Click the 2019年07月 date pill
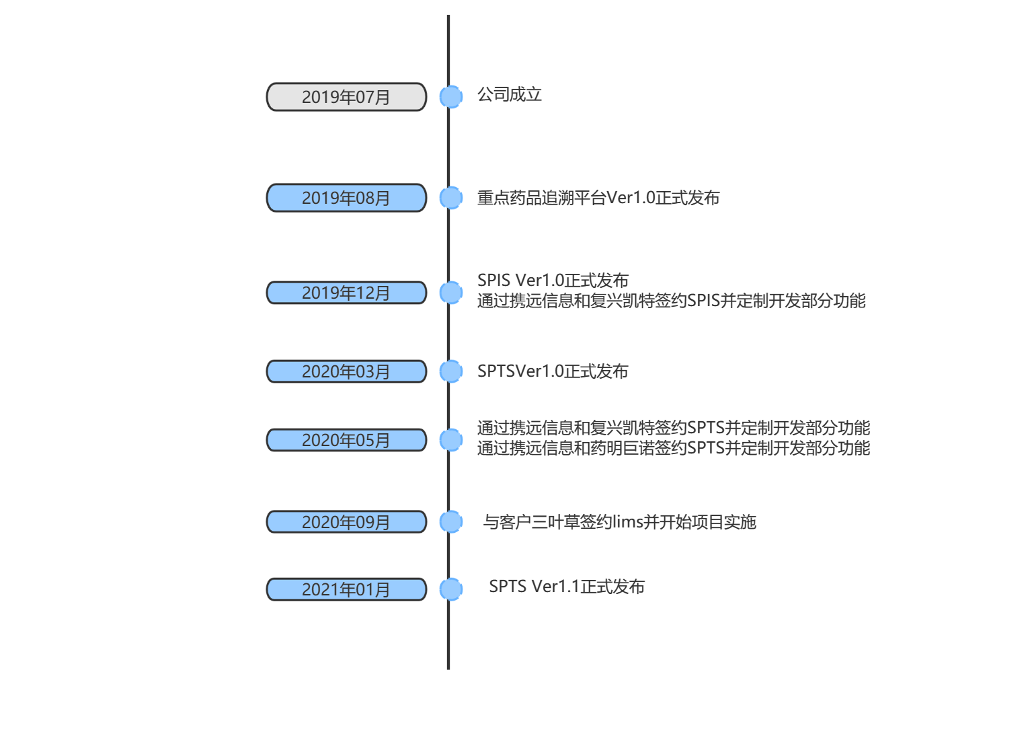pos(346,97)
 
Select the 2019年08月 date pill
pos(346,198)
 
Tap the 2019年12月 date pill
pos(346,293)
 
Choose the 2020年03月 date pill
pos(346,371)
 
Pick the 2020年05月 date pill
pos(346,440)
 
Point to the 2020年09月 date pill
pos(346,522)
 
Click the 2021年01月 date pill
pos(346,589)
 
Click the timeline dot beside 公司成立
pos(451,97)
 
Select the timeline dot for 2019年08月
pos(451,198)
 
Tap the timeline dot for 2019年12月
pos(451,293)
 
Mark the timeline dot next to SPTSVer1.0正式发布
pos(451,371)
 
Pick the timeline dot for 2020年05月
pos(451,440)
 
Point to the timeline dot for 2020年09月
pos(451,521)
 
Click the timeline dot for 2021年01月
pos(451,589)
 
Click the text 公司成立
pos(510,95)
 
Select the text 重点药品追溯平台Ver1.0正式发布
pos(598,198)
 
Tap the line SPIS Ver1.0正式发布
pos(553,281)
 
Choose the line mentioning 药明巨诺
pos(674,449)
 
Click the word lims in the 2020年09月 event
pos(628,522)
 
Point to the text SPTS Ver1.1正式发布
pos(567,587)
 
